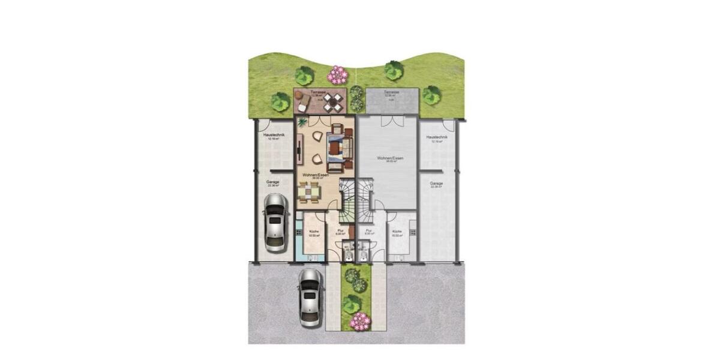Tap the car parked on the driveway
click(x=309, y=297)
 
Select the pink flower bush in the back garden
click(x=338, y=75)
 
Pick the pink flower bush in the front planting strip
click(x=360, y=321)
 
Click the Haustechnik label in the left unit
click(x=274, y=136)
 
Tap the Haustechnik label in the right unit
click(x=437, y=137)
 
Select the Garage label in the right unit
click(x=436, y=183)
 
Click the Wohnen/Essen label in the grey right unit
click(x=390, y=158)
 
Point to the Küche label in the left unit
click(x=313, y=232)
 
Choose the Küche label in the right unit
click(x=397, y=232)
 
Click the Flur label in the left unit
click(x=340, y=230)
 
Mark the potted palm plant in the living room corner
click(x=302, y=122)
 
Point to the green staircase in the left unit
click(x=347, y=204)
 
